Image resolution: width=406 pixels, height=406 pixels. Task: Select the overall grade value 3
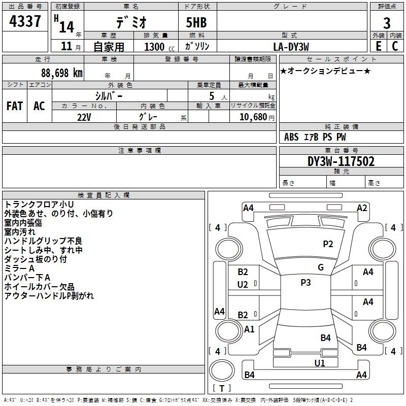[387, 23]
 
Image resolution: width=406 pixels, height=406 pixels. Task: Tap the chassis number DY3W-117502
[341, 162]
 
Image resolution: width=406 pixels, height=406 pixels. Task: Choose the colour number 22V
[84, 117]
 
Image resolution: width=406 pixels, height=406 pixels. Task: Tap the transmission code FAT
[14, 106]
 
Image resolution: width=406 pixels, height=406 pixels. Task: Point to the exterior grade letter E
[378, 46]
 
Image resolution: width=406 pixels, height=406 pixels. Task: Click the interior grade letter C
[395, 46]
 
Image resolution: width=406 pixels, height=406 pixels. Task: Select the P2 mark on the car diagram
[328, 244]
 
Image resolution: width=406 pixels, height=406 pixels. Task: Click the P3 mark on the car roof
[306, 283]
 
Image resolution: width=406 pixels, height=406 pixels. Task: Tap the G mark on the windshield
[321, 267]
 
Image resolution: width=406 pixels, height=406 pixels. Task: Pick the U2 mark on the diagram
[243, 285]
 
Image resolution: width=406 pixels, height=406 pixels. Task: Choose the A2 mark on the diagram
[362, 208]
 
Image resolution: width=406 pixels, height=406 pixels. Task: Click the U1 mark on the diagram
[320, 363]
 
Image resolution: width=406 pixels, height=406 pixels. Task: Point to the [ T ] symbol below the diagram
[222, 388]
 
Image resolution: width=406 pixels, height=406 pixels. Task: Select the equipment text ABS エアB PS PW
[315, 137]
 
